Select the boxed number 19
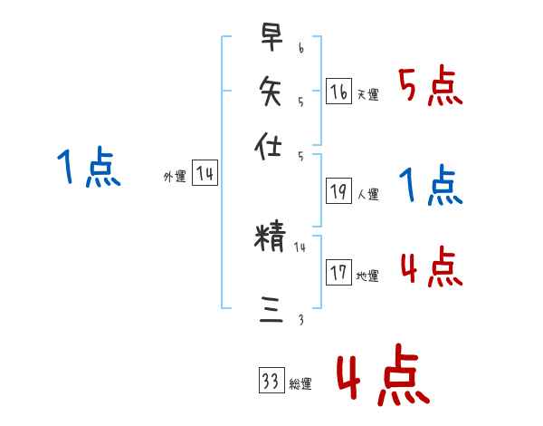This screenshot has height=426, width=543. point(339,191)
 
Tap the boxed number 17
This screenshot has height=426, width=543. point(339,273)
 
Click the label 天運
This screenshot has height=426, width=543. point(368,94)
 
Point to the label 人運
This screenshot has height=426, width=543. point(368,194)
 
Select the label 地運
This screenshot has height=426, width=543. point(368,276)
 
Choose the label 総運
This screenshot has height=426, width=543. point(300,383)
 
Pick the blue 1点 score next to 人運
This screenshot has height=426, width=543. point(431,186)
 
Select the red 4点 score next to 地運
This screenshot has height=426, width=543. point(431,267)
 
